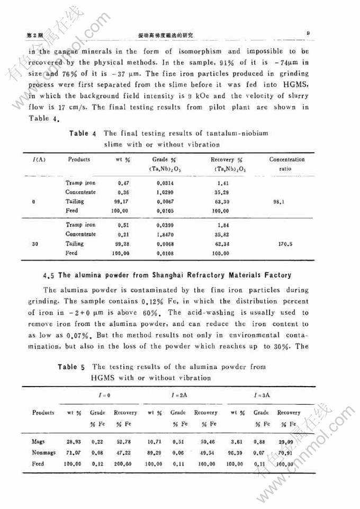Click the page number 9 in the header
tap(308, 33)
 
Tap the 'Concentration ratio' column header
tap(287, 164)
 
